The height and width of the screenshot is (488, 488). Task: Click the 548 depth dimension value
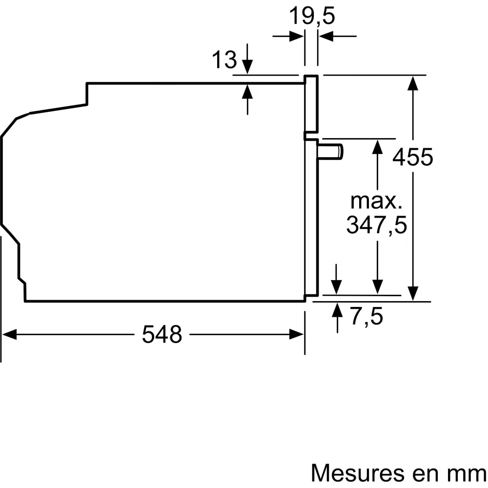point(162,334)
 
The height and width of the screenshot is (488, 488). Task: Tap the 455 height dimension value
point(413,157)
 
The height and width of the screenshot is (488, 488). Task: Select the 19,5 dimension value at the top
point(312,17)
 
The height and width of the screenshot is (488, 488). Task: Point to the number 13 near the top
point(224,60)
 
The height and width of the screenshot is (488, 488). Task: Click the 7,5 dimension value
point(366,317)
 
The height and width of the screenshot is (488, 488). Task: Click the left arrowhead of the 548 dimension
point(10,334)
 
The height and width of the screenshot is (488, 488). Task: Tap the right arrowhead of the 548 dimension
point(297,334)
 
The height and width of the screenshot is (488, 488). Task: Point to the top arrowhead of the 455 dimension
point(413,83)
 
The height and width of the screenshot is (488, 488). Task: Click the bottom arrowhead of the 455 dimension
point(413,293)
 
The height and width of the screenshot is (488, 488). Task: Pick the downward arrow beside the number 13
point(248,66)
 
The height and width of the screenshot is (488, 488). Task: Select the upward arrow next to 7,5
point(337,310)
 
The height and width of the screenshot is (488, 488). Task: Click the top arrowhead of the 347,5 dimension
point(377,146)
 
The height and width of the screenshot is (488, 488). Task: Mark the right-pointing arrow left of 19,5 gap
point(295,36)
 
